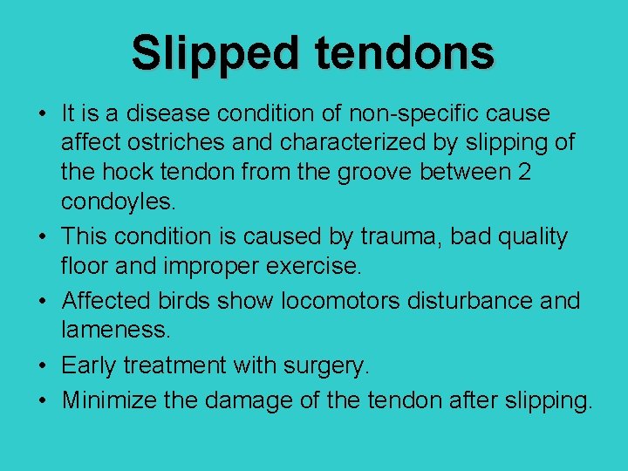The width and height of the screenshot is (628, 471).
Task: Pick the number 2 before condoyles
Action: pyautogui.click(x=523, y=172)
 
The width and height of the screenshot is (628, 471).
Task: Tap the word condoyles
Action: pyautogui.click(x=118, y=203)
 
